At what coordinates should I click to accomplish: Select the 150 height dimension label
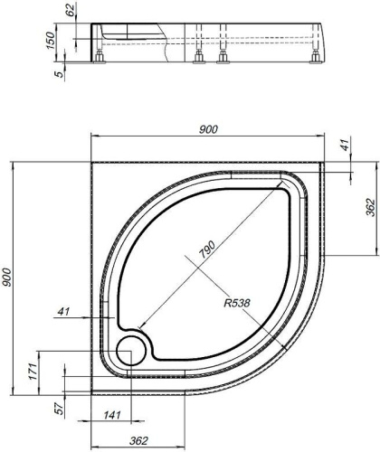(50, 40)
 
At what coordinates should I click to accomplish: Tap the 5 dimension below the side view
(61, 73)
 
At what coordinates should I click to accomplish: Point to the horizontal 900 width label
(208, 129)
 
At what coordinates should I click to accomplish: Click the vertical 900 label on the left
(6, 277)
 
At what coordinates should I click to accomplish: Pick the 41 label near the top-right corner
(347, 143)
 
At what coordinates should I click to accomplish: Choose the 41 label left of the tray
(63, 311)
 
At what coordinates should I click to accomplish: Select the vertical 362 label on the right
(370, 207)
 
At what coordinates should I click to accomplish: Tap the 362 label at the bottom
(138, 440)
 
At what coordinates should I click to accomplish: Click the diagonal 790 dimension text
(207, 249)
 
